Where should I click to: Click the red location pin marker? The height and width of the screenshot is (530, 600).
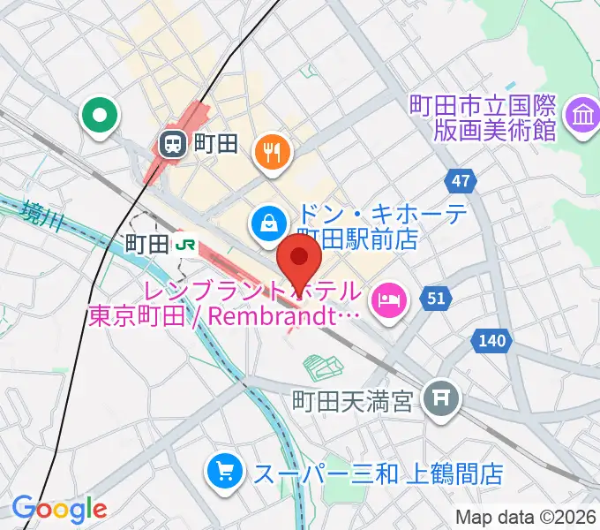pos(299,260)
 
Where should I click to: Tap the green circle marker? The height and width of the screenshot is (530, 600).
pos(99,115)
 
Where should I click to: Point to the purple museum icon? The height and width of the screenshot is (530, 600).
pos(582,117)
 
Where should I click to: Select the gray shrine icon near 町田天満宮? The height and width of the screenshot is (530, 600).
pos(439,399)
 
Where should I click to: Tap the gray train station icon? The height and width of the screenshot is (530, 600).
pos(171,141)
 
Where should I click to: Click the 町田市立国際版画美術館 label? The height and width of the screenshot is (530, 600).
pos(483,118)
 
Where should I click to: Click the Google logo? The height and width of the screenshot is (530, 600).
pos(58,509)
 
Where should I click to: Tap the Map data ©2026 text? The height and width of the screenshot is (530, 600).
pos(526,517)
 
